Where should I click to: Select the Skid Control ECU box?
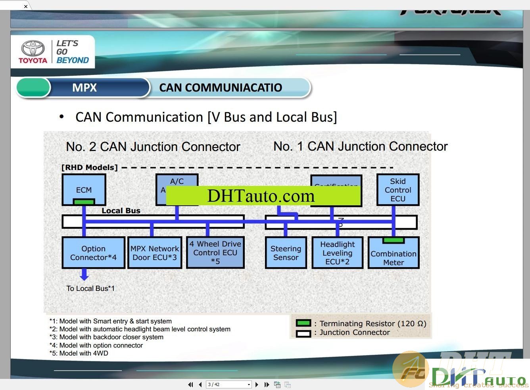click(x=397, y=189)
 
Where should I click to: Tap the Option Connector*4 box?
click(x=93, y=253)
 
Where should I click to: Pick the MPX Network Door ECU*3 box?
click(x=155, y=253)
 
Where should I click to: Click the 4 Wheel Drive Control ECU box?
click(x=215, y=252)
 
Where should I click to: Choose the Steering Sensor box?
click(x=286, y=253)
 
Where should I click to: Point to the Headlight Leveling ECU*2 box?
click(x=337, y=253)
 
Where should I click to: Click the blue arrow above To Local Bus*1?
click(x=84, y=274)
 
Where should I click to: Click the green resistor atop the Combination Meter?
click(x=394, y=240)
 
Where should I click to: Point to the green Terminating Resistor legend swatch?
click(x=303, y=323)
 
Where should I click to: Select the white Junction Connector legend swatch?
click(x=303, y=333)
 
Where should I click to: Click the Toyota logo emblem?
click(x=33, y=48)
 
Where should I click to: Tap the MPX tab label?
click(x=84, y=88)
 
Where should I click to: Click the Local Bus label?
click(x=121, y=211)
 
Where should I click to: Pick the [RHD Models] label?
click(x=90, y=167)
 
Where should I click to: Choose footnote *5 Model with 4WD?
click(x=79, y=353)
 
